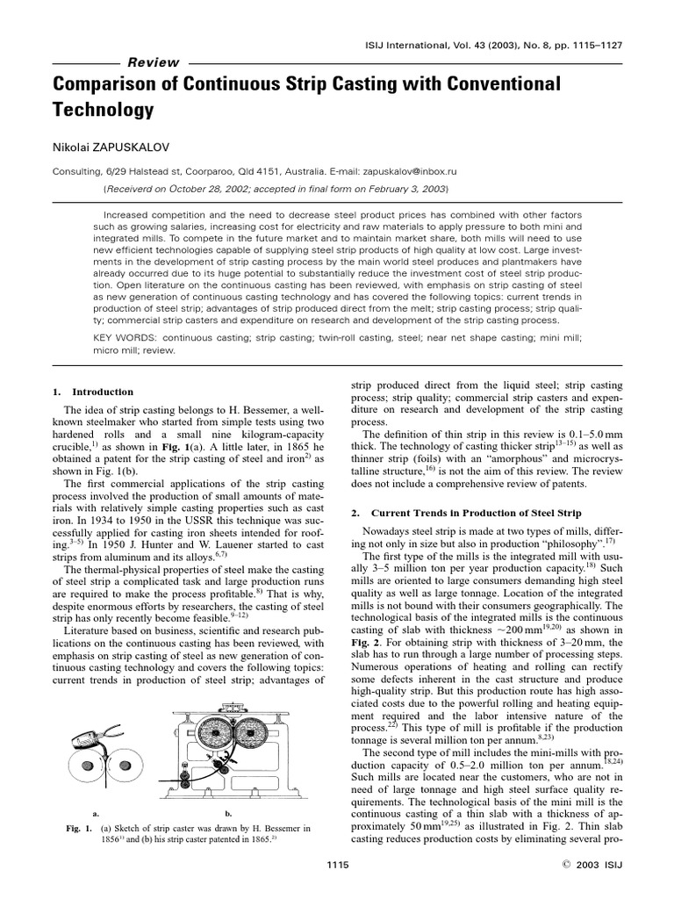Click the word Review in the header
pyautogui.click(x=154, y=63)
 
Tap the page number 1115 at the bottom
pyautogui.click(x=337, y=865)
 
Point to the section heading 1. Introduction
pyautogui.click(x=92, y=392)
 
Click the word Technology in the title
pyautogui.click(x=104, y=110)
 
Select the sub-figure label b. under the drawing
pyautogui.click(x=228, y=813)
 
